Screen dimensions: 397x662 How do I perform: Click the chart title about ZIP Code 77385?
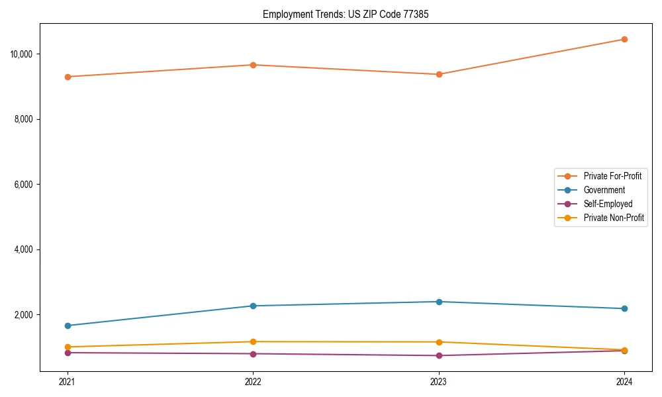pyautogui.click(x=346, y=14)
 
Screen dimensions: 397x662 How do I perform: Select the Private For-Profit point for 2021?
pyautogui.click(x=67, y=77)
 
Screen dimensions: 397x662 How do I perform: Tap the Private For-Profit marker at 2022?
pyautogui.click(x=253, y=65)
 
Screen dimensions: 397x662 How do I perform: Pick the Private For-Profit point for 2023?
pyautogui.click(x=439, y=74)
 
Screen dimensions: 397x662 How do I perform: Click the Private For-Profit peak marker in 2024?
pyautogui.click(x=624, y=39)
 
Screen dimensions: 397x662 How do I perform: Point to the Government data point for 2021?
pyautogui.click(x=67, y=326)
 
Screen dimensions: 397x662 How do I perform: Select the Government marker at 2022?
pyautogui.click(x=253, y=306)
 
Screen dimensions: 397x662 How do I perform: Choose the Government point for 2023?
pyautogui.click(x=439, y=302)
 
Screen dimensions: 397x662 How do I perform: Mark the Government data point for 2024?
pyautogui.click(x=624, y=308)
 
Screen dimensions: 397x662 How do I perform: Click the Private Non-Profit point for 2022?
pyautogui.click(x=253, y=341)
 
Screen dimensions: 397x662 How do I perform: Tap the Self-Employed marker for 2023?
pyautogui.click(x=439, y=355)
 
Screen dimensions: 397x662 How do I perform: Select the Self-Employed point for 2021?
pyautogui.click(x=67, y=353)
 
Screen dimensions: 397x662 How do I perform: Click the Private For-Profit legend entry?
pyautogui.click(x=612, y=176)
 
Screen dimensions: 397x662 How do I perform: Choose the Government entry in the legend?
pyautogui.click(x=604, y=190)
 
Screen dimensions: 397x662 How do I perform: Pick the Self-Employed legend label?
pyautogui.click(x=608, y=204)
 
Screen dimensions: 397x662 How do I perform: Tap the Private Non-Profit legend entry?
pyautogui.click(x=614, y=218)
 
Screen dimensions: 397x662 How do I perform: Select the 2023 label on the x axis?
pyautogui.click(x=439, y=382)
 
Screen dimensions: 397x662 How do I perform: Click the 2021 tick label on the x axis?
pyautogui.click(x=67, y=382)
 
